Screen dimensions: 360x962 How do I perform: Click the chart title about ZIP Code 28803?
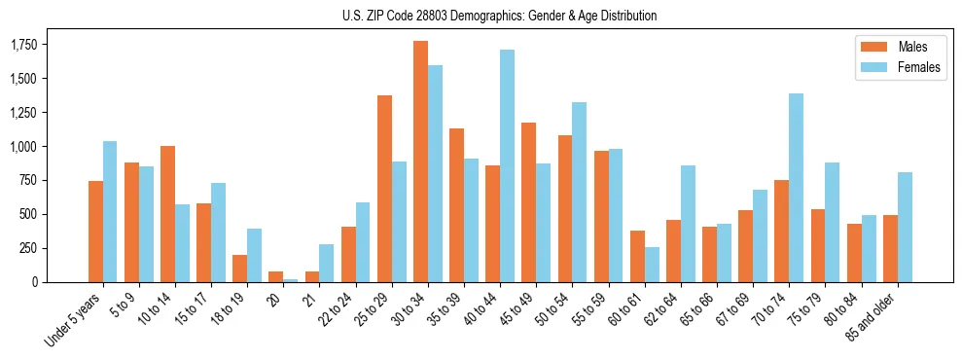(500, 16)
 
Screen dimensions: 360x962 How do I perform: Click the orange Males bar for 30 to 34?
(420, 162)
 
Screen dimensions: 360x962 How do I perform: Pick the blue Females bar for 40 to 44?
(507, 165)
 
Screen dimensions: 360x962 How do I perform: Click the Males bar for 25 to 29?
(384, 189)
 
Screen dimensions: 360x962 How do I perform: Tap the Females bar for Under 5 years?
(110, 211)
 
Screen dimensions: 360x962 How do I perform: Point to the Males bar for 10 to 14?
(167, 214)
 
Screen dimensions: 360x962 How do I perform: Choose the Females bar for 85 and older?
(905, 227)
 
